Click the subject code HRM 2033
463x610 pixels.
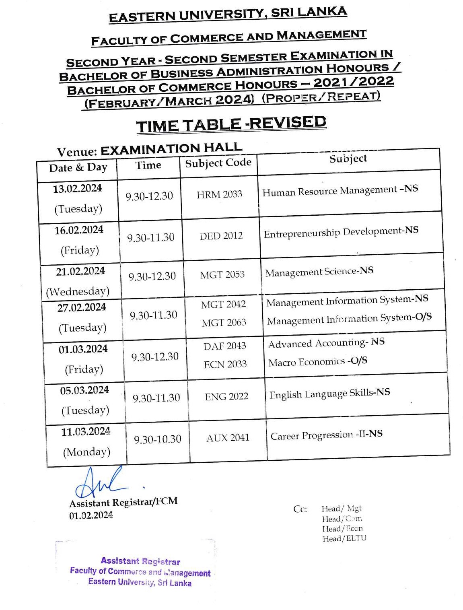pyautogui.click(x=219, y=195)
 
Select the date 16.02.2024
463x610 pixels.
pyautogui.click(x=79, y=230)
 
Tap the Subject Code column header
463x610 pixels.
pyautogui.click(x=218, y=163)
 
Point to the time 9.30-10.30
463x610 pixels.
pyautogui.click(x=157, y=439)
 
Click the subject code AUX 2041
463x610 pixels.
pyautogui.click(x=228, y=438)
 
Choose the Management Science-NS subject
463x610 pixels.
pyautogui.click(x=319, y=272)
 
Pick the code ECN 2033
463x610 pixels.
pyautogui.click(x=225, y=364)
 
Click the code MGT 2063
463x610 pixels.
pyautogui.click(x=224, y=323)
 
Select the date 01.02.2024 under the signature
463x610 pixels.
pyautogui.click(x=91, y=515)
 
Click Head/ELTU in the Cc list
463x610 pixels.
pyautogui.click(x=344, y=538)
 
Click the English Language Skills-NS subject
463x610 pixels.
pyautogui.click(x=329, y=394)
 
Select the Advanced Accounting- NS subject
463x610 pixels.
pyautogui.click(x=326, y=343)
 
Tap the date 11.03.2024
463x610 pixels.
pyautogui.click(x=86, y=432)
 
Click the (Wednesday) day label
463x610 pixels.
pyautogui.click(x=78, y=291)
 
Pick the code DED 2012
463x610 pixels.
pyautogui.click(x=221, y=236)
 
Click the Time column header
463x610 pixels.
pyautogui.click(x=148, y=165)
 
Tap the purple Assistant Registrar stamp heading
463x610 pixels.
pyautogui.click(x=140, y=561)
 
